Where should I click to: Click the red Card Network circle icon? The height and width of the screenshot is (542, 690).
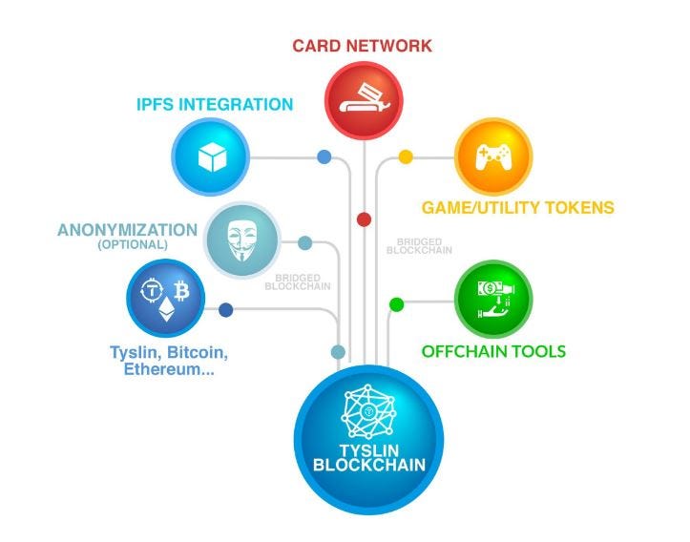363,95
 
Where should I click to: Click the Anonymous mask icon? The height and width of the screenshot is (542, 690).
243,239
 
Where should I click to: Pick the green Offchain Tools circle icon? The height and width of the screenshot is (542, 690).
492,298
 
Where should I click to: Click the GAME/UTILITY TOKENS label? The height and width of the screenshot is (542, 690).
517,207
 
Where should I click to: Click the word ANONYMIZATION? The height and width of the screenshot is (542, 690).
127,230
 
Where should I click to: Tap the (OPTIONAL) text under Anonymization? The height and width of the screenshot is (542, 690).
132,245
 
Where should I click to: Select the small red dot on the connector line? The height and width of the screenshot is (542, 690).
364,219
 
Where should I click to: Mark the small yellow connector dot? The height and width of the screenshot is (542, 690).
406,156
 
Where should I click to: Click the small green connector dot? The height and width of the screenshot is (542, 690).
397,304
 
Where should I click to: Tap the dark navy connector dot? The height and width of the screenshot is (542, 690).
226,309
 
